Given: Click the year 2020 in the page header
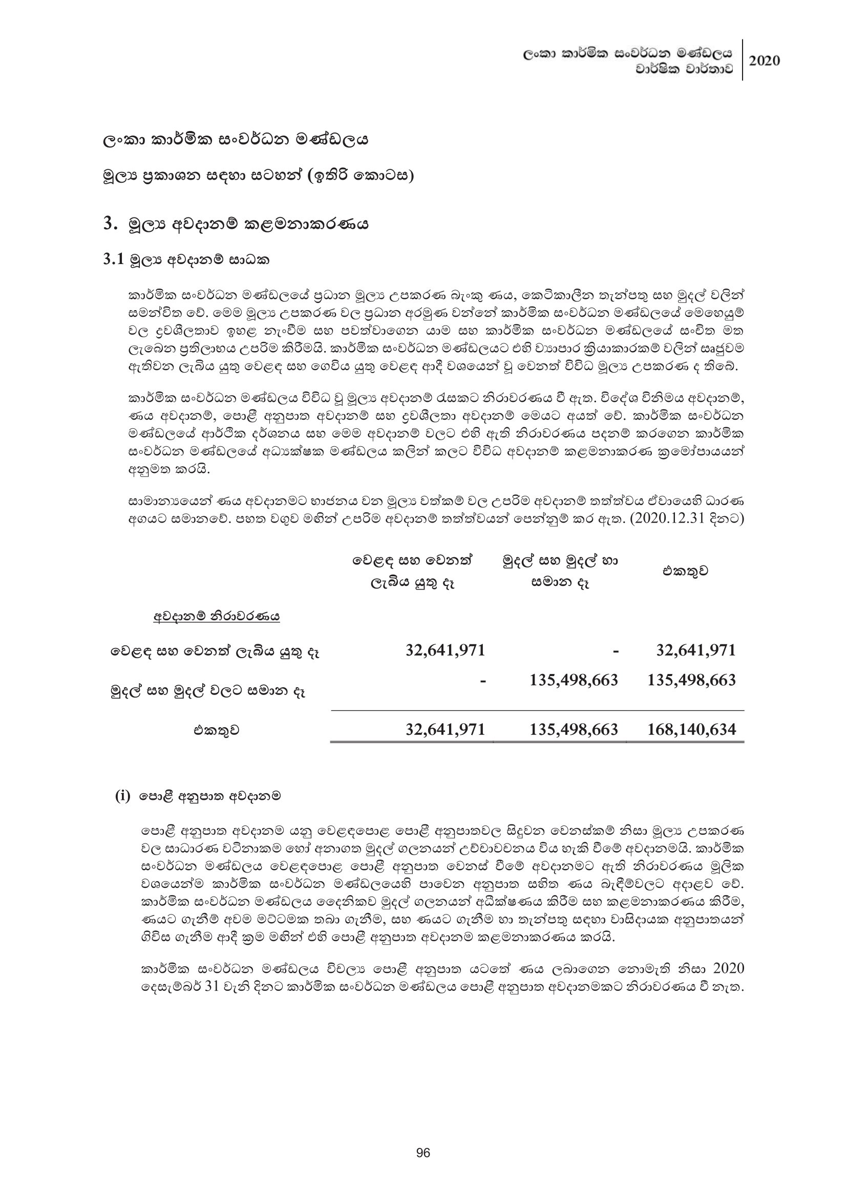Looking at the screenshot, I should click(x=765, y=60).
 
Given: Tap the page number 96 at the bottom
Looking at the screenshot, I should click(x=424, y=1152).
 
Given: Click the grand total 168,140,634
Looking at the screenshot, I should click(x=691, y=729).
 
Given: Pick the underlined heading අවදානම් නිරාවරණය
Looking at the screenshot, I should click(x=217, y=617).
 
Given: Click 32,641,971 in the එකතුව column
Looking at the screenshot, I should click(x=696, y=650).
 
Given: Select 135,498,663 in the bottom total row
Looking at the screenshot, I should click(x=574, y=729).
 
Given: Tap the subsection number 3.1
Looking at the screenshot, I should click(x=114, y=259).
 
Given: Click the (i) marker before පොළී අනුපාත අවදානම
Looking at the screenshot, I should click(x=122, y=796).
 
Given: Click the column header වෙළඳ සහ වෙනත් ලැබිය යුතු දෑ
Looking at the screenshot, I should click(x=414, y=572).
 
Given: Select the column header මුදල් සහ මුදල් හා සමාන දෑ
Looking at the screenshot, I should click(x=560, y=572).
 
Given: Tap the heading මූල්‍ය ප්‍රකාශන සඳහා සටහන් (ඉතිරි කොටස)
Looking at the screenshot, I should click(x=259, y=176).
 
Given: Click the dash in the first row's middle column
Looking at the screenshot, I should click(x=616, y=650).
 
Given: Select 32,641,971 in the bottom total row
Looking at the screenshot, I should click(x=446, y=729).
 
